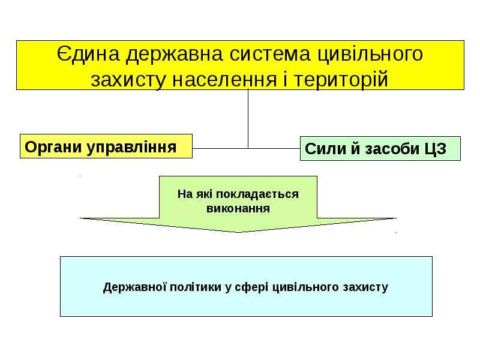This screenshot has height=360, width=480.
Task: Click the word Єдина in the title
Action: point(88,55)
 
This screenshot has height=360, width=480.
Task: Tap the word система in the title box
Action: point(270,55)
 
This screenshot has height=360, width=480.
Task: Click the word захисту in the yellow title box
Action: point(128,80)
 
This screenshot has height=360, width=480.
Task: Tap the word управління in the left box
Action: point(131,148)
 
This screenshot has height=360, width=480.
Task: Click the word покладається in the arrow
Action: point(257,194)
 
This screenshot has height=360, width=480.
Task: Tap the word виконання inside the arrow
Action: point(238,208)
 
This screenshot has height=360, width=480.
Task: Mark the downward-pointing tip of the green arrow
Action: point(238,232)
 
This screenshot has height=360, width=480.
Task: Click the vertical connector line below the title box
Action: point(248,119)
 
